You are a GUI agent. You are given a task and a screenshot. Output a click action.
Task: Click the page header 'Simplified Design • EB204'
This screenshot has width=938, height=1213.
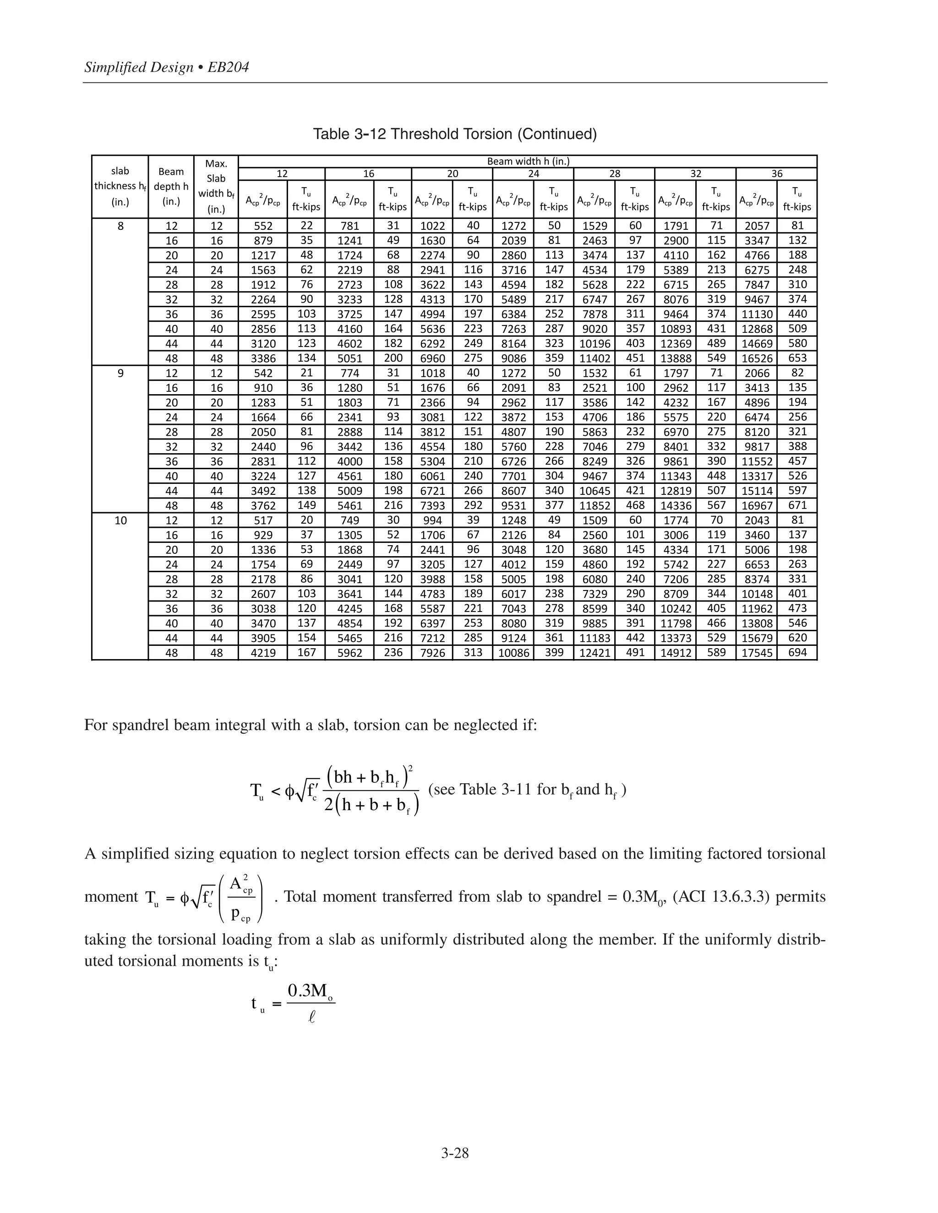point(167,67)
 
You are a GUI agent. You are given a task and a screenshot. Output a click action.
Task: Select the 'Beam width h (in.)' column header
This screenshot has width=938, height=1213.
point(528,161)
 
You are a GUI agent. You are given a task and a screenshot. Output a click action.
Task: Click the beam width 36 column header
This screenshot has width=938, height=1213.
point(776,174)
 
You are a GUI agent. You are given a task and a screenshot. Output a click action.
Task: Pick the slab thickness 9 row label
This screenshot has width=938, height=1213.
point(120,373)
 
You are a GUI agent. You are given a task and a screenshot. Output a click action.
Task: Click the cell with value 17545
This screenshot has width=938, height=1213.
point(757,653)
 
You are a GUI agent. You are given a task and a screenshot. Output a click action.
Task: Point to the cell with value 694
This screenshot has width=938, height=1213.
point(797,653)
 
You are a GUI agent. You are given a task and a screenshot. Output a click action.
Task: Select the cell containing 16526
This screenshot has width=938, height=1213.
point(757,358)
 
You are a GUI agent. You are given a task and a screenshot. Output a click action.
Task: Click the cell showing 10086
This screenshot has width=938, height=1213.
point(513,653)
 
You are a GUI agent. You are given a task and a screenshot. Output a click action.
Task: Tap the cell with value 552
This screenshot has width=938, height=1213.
point(263,226)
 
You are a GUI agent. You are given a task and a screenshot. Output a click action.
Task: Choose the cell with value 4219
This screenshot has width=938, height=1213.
point(263,653)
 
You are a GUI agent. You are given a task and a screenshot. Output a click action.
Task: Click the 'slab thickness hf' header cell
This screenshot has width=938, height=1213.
point(120,186)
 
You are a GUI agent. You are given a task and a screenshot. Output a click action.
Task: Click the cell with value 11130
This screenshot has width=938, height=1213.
point(757,314)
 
